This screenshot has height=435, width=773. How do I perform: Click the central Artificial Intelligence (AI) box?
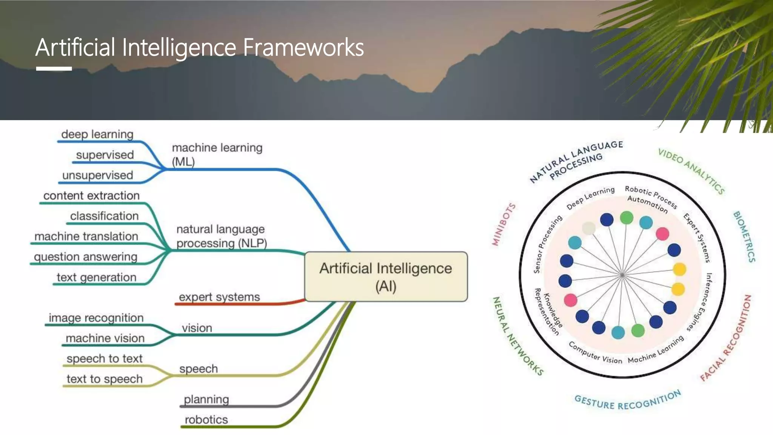pos(386,276)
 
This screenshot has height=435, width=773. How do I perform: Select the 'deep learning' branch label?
pos(97,134)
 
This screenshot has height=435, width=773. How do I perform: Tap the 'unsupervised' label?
pos(97,175)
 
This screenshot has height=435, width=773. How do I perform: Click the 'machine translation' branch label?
pos(86,236)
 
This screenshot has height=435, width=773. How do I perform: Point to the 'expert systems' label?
pos(219,297)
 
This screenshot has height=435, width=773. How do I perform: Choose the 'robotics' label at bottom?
pos(206,420)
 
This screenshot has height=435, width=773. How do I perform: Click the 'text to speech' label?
pos(105,379)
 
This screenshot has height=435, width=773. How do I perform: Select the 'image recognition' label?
pos(96,318)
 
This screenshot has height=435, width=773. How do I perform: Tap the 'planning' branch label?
pos(206,399)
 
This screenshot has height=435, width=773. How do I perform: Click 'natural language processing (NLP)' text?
pos(222,236)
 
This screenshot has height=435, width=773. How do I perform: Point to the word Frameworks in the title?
pos(303,48)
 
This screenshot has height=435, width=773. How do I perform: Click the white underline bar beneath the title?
pos(54,69)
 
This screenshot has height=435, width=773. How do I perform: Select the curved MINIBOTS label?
pos(504,224)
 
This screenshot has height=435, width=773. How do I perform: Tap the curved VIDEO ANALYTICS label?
pos(691,171)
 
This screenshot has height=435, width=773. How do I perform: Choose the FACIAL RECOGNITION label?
pos(726,338)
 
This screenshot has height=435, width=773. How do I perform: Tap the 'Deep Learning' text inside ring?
pos(590,198)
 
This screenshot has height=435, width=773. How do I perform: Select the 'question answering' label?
pos(85,257)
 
